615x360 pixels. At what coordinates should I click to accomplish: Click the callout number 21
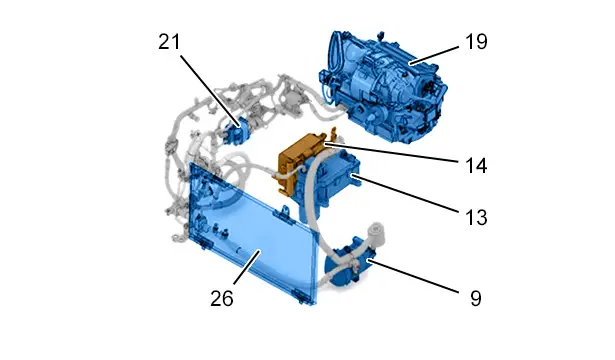click(169, 42)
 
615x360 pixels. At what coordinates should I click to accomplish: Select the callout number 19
click(476, 42)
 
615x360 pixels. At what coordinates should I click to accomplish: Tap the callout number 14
click(476, 166)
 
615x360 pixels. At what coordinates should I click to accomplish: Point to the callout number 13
click(476, 217)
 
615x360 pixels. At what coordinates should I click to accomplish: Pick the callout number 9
click(476, 299)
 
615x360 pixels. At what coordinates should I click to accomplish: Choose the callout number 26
click(222, 299)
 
